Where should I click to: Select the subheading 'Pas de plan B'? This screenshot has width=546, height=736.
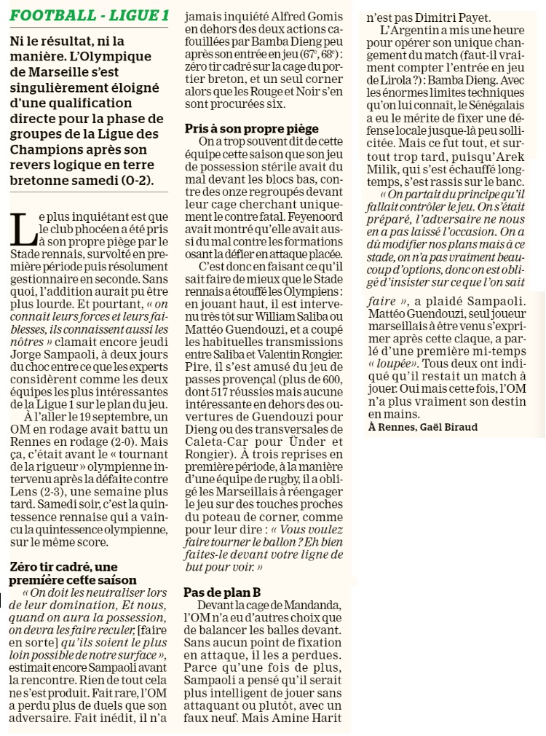(222, 592)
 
